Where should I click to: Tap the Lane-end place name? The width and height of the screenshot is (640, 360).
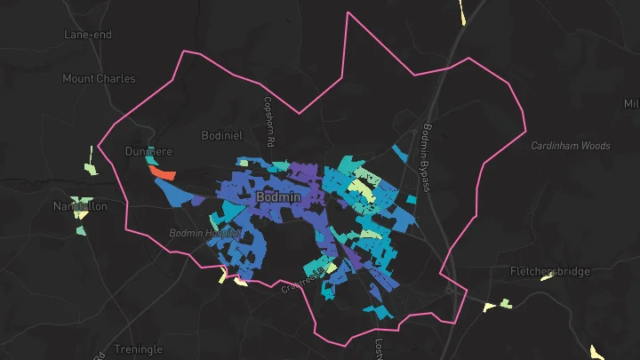[x=86, y=35]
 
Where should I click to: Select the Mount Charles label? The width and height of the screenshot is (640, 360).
[x=99, y=78]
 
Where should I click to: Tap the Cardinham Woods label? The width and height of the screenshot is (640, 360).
[x=571, y=145]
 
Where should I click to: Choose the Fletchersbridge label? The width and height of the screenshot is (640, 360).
[x=548, y=271]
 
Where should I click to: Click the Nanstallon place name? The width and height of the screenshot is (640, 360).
[x=80, y=205]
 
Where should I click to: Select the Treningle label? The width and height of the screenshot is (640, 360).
[x=138, y=349]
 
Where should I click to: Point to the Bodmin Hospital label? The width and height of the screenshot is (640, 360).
[x=204, y=233]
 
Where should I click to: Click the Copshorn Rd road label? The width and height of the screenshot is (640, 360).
[x=266, y=122]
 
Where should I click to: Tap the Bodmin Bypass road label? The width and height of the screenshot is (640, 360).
[x=427, y=156]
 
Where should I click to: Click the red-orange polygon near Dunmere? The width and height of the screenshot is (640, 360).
[x=164, y=172]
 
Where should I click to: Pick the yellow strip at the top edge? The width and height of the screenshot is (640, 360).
[x=463, y=12]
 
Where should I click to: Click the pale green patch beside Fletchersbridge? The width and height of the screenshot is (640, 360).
[x=506, y=303]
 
